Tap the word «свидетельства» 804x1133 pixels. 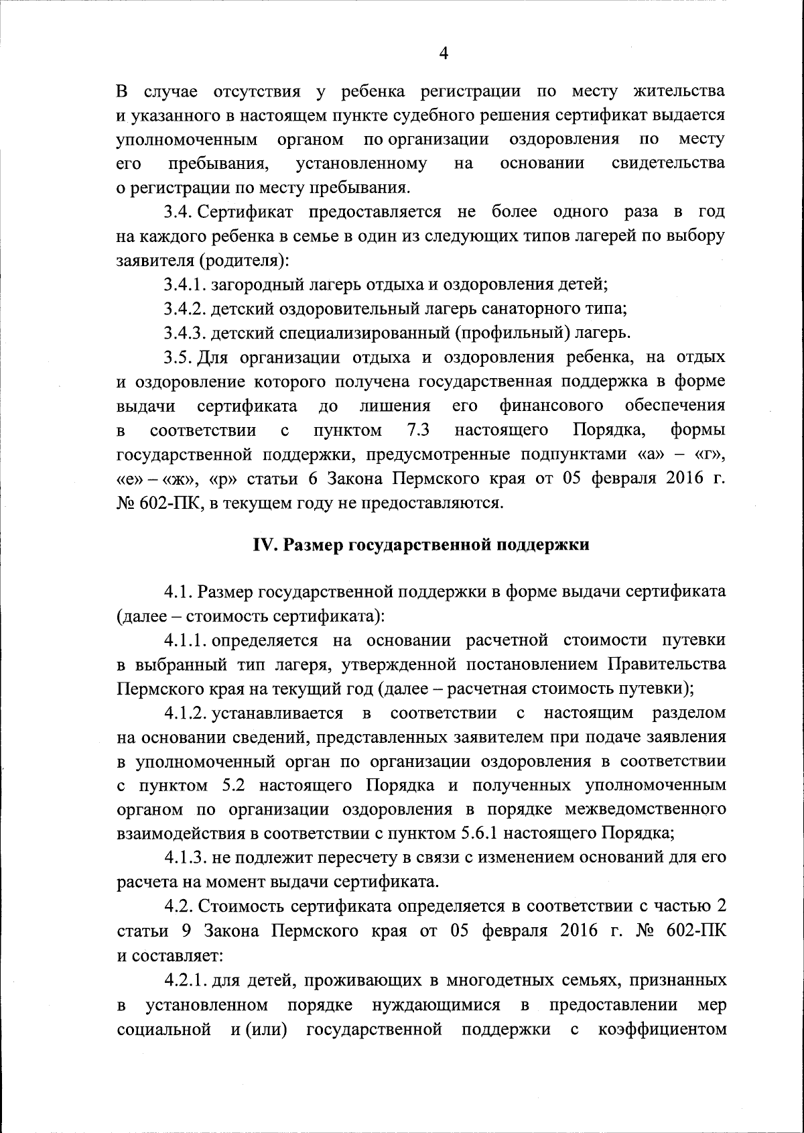coord(668,163)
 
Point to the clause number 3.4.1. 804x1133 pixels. coord(185,284)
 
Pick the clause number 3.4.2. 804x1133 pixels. coord(186,308)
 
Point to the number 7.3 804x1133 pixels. coord(418,429)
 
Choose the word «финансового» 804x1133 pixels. coord(551,405)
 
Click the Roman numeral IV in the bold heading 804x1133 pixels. coord(264,544)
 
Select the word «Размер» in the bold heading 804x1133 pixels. coord(313,544)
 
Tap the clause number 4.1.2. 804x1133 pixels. coord(186,712)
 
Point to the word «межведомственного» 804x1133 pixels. coord(646,809)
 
